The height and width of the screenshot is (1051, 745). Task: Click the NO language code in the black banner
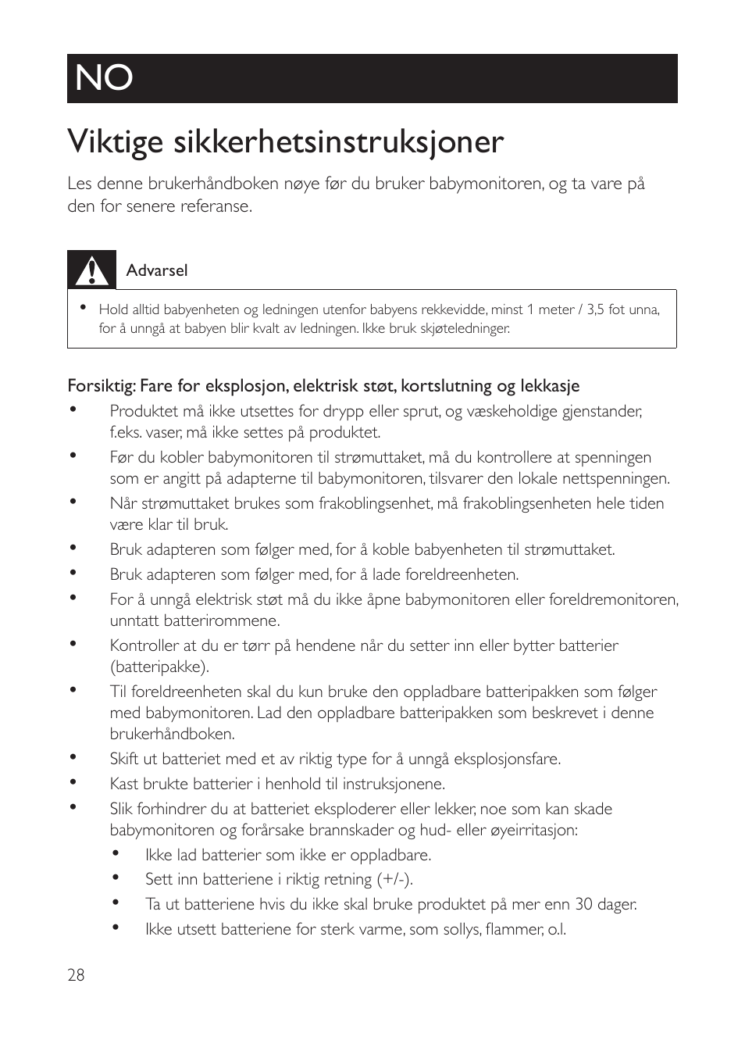(104, 78)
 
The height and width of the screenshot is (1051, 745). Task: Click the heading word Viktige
(116, 142)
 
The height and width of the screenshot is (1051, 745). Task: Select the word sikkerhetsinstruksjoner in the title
(338, 142)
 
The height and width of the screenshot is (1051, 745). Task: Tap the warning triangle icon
(91, 270)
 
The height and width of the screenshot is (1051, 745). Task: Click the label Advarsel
(157, 270)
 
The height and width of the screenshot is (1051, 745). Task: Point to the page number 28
(76, 975)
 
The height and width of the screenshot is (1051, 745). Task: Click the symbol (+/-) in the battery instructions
(394, 879)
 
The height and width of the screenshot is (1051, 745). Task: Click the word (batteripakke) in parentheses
(159, 667)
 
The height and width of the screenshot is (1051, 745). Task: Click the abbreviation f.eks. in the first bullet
(127, 432)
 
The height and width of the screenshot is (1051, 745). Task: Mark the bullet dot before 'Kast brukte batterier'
(73, 781)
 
